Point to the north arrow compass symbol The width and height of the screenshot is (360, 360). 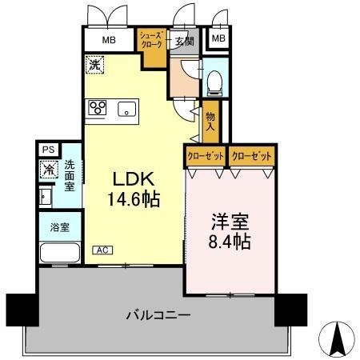(x=338, y=339)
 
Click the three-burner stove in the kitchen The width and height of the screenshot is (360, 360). (x=98, y=109)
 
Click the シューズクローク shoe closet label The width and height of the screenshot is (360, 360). (x=151, y=40)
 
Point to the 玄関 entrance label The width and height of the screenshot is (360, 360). (x=186, y=42)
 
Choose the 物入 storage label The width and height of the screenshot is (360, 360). (x=210, y=121)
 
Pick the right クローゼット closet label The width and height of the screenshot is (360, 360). (x=252, y=155)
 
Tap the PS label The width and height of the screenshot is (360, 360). (x=48, y=149)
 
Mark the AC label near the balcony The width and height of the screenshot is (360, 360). (x=102, y=250)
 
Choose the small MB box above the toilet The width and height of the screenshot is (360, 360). (x=218, y=38)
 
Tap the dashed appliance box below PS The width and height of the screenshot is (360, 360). (x=48, y=169)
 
